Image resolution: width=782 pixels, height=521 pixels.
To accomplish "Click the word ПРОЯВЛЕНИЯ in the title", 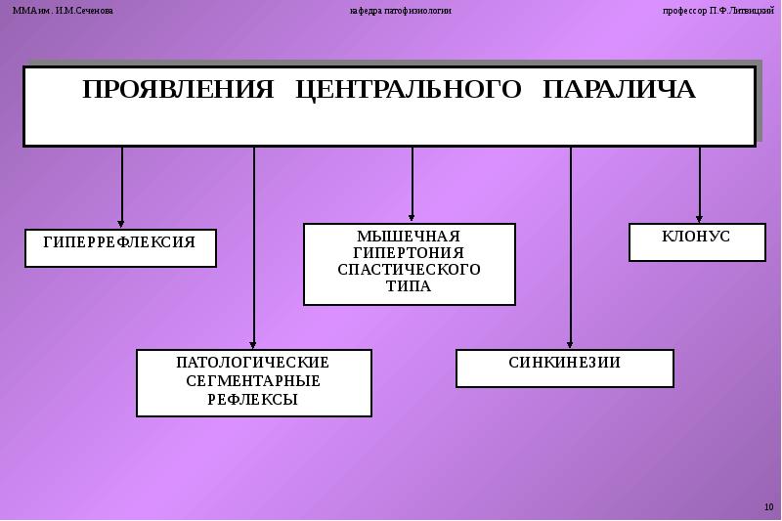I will [x=178, y=90].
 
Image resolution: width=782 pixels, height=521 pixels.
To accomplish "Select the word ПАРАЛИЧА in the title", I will [x=619, y=90].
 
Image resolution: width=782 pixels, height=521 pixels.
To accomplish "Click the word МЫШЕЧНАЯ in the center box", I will [x=409, y=237].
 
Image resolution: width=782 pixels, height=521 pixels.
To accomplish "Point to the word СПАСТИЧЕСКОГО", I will [x=409, y=270].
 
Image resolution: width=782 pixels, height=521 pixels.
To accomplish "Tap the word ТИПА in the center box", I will [x=409, y=286].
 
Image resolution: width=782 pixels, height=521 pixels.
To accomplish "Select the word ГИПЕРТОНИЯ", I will [x=409, y=253].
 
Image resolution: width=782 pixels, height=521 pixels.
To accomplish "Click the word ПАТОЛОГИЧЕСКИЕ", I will [x=253, y=363].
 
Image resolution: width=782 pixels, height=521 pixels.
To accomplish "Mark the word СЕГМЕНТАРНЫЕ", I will [x=253, y=380].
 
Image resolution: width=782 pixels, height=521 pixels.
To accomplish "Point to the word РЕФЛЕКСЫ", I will [x=253, y=399].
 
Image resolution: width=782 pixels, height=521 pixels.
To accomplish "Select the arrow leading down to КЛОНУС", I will [x=699, y=186].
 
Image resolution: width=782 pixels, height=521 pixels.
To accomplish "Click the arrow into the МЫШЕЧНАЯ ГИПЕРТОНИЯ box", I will [x=412, y=186].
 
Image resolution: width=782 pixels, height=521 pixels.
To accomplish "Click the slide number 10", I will [x=767, y=506].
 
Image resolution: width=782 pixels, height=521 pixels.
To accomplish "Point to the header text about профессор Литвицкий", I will [x=717, y=11].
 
